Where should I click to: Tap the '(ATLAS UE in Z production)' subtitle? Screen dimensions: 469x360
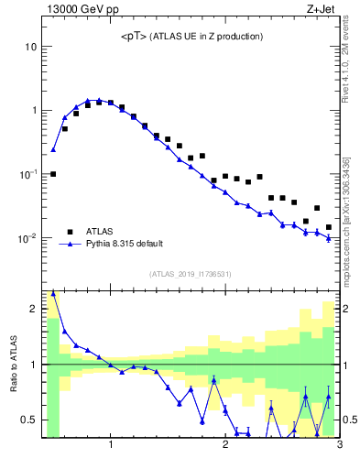coord(210,37)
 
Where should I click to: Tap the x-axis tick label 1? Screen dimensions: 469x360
coord(111,446)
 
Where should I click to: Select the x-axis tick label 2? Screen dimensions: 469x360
coord(225,446)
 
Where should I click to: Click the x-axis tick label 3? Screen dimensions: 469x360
coord(339,446)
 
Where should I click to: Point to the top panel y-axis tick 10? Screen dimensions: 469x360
coord(31,46)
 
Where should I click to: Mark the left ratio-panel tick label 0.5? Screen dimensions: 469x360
coord(30,420)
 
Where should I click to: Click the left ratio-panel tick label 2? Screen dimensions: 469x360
coord(35,309)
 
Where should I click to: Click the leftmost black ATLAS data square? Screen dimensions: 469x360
coord(53,174)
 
